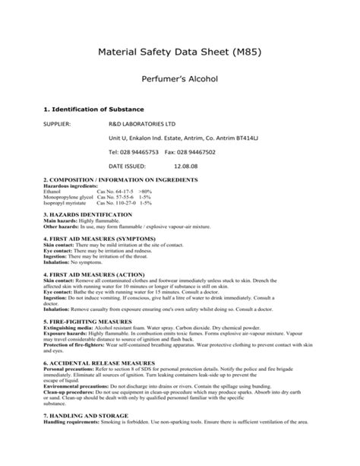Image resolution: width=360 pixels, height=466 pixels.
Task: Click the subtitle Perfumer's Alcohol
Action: (x=180, y=78)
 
